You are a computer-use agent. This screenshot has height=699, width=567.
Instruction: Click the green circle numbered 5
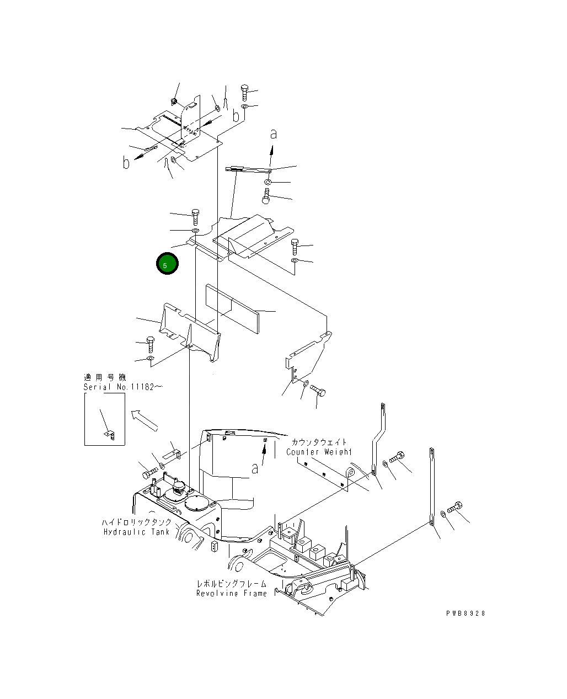click(x=167, y=264)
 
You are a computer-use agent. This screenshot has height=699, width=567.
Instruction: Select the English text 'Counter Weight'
click(x=318, y=452)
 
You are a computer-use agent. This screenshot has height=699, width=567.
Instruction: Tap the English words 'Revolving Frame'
click(x=231, y=593)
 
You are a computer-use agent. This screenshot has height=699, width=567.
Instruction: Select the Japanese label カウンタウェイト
click(x=319, y=442)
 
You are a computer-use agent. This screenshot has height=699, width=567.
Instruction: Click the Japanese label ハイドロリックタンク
click(x=136, y=522)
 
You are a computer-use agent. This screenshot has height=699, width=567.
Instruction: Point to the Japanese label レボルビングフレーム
click(x=232, y=583)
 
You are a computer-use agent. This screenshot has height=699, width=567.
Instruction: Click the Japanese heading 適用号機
click(x=105, y=377)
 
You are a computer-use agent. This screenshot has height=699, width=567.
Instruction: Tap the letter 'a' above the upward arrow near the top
click(x=273, y=134)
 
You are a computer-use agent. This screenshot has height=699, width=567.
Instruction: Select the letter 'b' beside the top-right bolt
click(x=236, y=116)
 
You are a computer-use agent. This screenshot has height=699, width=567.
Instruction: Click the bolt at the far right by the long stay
click(x=456, y=507)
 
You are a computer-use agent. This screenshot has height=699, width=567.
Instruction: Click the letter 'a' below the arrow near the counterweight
click(x=255, y=468)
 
